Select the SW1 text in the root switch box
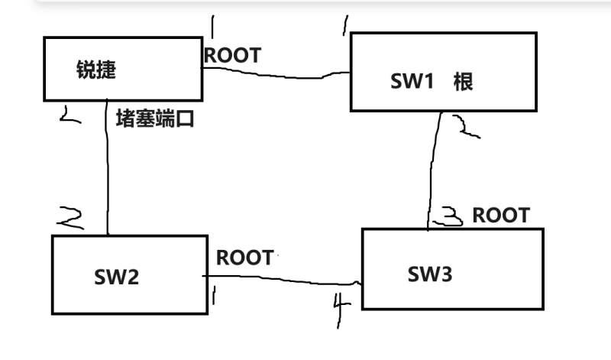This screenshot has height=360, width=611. click(x=412, y=81)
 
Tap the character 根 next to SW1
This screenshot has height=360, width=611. click(x=463, y=81)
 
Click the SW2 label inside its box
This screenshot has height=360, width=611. click(x=117, y=276)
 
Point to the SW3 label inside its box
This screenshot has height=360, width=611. click(x=430, y=274)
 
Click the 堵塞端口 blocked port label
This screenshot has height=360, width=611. click(x=155, y=118)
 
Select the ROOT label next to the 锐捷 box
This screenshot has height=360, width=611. click(x=232, y=55)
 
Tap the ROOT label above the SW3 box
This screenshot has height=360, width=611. click(x=500, y=216)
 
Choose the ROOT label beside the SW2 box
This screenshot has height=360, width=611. click(x=244, y=258)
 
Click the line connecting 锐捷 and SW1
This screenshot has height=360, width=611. click(x=275, y=74)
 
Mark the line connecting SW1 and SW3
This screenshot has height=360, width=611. click(x=434, y=168)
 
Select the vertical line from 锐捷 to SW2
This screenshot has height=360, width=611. click(x=107, y=168)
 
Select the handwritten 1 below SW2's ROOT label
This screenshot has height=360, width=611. click(x=214, y=293)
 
